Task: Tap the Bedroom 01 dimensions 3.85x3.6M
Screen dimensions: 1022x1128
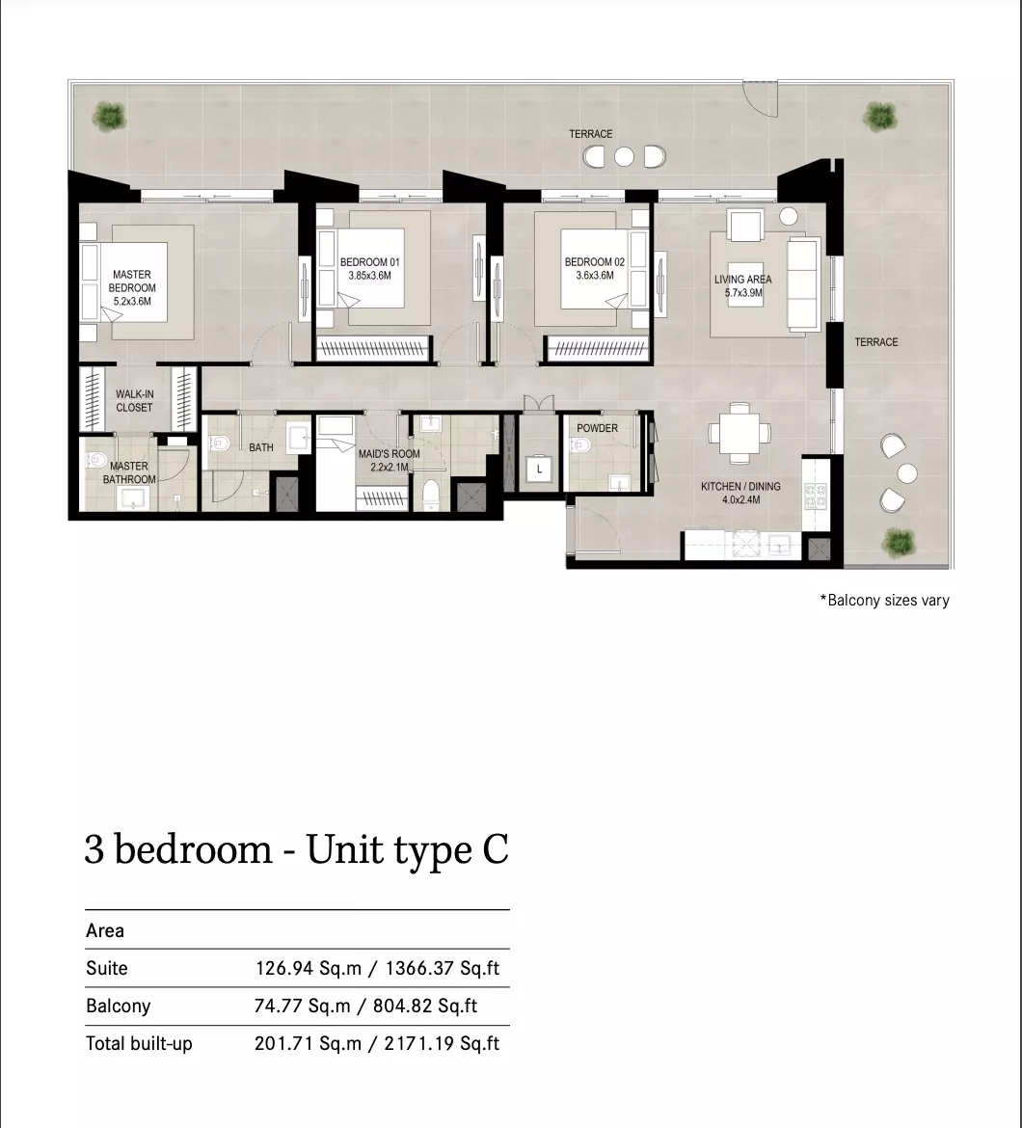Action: [369, 276]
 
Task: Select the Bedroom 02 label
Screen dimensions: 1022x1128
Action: [595, 262]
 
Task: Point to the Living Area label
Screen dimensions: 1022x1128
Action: [743, 280]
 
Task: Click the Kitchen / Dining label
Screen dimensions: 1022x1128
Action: [740, 486]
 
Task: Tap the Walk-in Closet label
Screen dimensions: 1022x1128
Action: [134, 401]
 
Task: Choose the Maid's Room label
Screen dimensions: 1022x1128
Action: [390, 454]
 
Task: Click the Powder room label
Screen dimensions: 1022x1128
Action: [597, 428]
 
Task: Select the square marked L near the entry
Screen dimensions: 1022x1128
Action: [539, 470]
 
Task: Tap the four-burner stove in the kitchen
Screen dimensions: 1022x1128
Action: [816, 497]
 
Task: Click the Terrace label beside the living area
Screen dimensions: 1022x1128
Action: [876, 341]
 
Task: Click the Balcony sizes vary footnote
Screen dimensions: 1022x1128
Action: [885, 600]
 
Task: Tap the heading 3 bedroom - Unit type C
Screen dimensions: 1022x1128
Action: [296, 849]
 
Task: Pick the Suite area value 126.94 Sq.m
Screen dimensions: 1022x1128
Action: [309, 968]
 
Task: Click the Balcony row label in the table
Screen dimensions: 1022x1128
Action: [118, 1006]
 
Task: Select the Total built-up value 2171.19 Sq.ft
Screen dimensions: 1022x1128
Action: [442, 1043]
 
